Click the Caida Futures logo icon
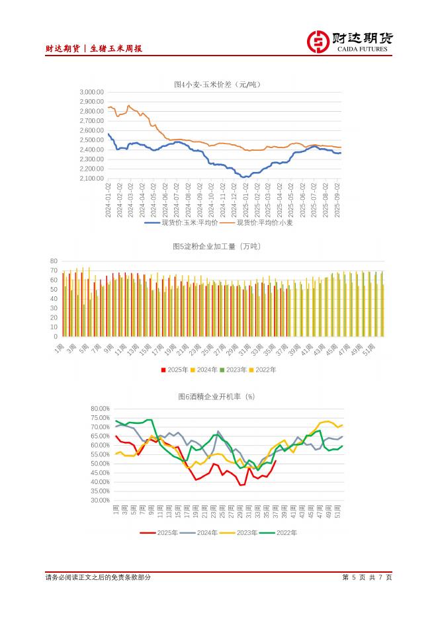(x=319, y=42)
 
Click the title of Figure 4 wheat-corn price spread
(x=218, y=84)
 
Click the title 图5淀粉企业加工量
(x=217, y=247)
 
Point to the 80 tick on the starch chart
(x=55, y=261)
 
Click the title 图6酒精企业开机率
(x=216, y=397)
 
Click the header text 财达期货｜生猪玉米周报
(x=94, y=48)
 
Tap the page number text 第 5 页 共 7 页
(x=367, y=577)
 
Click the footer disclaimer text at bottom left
(x=98, y=577)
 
